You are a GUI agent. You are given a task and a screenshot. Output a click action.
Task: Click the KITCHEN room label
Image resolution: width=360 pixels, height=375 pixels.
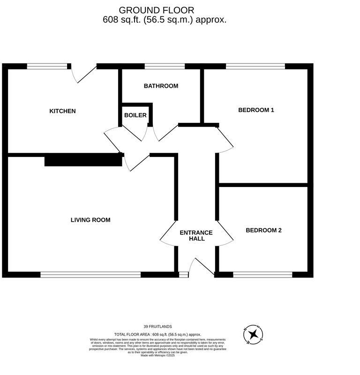click(62, 111)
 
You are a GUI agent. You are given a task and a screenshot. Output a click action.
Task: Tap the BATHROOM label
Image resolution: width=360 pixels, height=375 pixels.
click(161, 86)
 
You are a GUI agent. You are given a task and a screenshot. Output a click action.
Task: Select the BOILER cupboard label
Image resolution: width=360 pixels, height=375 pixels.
click(135, 115)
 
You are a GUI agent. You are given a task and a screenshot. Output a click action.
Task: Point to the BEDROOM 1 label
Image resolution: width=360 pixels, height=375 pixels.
click(256, 110)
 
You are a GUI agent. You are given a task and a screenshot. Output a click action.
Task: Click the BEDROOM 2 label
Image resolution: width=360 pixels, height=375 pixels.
click(263, 230)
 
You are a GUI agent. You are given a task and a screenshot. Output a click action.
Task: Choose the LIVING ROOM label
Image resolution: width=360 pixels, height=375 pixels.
click(90, 220)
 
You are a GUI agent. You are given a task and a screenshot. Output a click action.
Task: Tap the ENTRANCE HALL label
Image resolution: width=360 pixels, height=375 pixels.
click(196, 236)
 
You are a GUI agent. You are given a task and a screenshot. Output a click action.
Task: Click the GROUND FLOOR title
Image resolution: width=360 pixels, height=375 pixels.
click(156, 10)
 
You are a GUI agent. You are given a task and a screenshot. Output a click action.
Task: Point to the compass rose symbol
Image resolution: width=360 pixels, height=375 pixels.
click(254, 334)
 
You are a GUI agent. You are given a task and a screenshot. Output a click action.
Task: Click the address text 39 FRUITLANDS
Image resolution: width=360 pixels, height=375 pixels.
click(157, 326)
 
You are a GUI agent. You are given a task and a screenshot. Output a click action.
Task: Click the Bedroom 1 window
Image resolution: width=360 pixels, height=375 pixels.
click(255, 66)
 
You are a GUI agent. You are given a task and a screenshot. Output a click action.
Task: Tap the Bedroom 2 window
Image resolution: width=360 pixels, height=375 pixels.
click(262, 275)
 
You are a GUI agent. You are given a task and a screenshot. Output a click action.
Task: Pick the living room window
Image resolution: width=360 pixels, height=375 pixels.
click(90, 275)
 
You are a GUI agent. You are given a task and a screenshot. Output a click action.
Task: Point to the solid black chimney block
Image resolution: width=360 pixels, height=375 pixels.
click(83, 160)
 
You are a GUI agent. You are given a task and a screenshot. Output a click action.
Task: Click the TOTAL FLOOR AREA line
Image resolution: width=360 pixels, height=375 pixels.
click(157, 333)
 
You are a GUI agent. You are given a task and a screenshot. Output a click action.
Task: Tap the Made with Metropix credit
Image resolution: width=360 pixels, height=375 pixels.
click(157, 355)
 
